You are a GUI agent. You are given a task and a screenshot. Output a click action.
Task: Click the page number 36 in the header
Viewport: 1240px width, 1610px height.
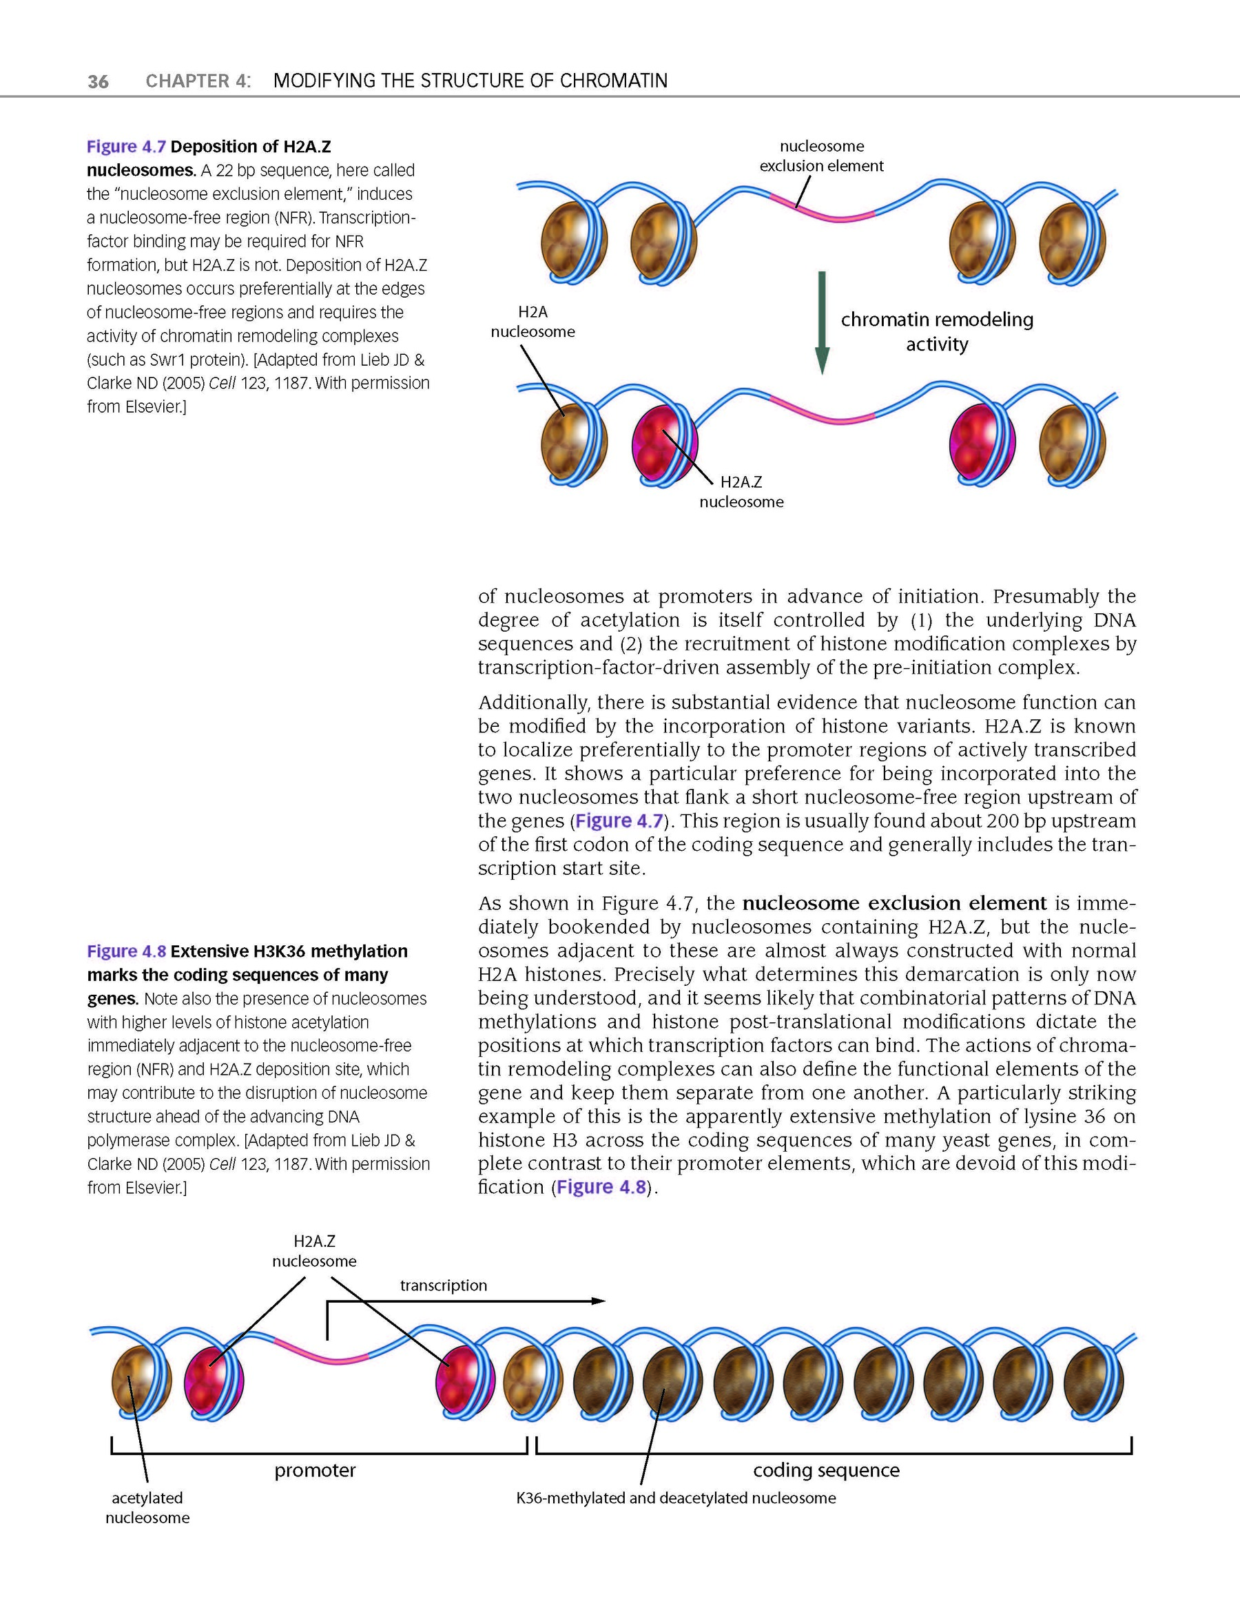[x=98, y=81]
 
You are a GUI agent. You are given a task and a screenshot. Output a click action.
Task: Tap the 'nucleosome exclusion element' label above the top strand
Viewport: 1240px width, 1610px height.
[x=821, y=156]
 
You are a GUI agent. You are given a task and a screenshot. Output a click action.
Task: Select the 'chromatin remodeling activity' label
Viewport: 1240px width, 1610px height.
[x=936, y=332]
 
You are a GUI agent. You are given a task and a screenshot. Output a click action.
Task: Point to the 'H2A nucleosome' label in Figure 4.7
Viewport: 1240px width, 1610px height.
[x=533, y=322]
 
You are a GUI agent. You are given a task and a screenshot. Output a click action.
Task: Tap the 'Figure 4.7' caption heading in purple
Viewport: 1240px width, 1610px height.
[x=126, y=147]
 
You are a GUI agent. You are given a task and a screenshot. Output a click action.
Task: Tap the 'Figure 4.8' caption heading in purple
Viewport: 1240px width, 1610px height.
[x=126, y=951]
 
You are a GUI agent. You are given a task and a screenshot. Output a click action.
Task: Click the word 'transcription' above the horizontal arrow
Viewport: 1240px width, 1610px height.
[x=443, y=1285]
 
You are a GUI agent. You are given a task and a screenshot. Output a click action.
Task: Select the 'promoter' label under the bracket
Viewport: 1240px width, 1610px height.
[x=315, y=1470]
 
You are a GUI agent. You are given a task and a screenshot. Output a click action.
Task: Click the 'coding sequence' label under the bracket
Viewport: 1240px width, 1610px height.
[x=826, y=1470]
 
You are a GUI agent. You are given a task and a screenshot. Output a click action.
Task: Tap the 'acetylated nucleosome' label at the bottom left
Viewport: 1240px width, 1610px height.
[x=147, y=1507]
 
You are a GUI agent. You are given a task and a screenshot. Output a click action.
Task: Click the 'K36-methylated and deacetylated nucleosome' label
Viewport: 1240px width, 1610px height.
[x=676, y=1498]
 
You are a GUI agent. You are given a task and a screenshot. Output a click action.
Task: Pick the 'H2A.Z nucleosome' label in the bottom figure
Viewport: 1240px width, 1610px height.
[x=314, y=1251]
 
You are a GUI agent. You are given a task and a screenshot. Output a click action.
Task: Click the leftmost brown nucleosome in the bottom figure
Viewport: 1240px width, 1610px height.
[x=141, y=1380]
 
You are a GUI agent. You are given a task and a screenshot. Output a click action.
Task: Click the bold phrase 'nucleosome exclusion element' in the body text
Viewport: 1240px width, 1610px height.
[x=894, y=903]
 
